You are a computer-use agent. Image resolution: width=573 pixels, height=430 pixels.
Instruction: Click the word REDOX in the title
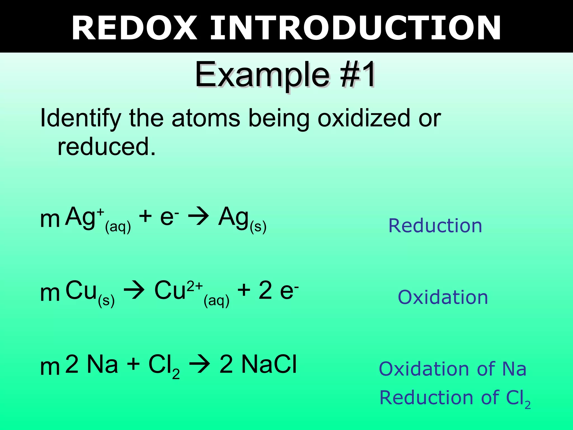pos(134,28)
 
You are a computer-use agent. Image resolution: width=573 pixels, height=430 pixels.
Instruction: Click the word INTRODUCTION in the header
pos(355,28)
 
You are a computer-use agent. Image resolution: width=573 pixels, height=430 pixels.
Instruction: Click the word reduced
pos(106,147)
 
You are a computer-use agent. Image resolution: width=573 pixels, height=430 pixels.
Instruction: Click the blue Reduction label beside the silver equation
pos(435,226)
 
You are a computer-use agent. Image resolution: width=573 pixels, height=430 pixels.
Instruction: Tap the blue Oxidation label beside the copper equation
pos(443,297)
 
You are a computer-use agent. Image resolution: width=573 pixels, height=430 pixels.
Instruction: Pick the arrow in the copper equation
pos(134,291)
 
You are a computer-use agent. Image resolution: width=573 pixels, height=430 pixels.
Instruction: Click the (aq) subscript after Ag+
pos(118,226)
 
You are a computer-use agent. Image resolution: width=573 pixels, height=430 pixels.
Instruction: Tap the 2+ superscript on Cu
pos(195,286)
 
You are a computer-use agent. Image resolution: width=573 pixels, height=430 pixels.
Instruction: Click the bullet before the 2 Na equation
pos(50,367)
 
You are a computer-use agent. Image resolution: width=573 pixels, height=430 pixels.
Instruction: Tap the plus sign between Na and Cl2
pos(133,364)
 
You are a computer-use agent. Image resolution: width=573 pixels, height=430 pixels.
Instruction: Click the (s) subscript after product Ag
pos(258,226)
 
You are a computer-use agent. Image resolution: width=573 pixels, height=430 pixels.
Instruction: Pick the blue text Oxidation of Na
pos(452,369)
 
